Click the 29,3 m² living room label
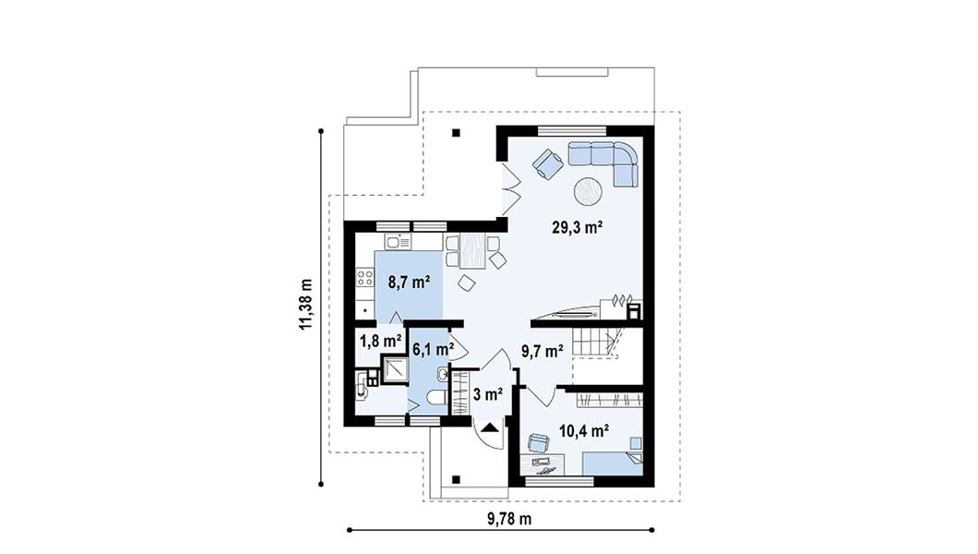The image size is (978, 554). [x=577, y=228]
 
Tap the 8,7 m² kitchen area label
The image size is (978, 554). [x=409, y=283]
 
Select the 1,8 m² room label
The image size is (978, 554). [x=380, y=342]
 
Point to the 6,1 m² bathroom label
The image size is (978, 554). [x=433, y=349]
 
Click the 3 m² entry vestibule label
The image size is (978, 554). [x=488, y=395]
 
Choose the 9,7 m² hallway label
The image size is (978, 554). [x=543, y=352]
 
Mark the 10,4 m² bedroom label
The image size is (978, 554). [x=584, y=430]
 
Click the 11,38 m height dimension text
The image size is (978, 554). [x=305, y=304]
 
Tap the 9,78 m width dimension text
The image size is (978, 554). [x=509, y=518]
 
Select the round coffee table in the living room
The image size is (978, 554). [x=588, y=191]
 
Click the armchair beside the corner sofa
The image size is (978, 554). [x=548, y=163]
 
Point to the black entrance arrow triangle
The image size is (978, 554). [x=490, y=428]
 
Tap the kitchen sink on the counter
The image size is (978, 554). [x=398, y=242]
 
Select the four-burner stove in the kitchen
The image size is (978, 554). [x=364, y=278]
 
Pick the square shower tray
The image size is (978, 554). [x=394, y=368]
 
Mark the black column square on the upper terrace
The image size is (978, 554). [x=457, y=132]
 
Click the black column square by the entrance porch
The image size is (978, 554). [x=457, y=479]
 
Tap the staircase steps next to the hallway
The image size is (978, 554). [x=597, y=343]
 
